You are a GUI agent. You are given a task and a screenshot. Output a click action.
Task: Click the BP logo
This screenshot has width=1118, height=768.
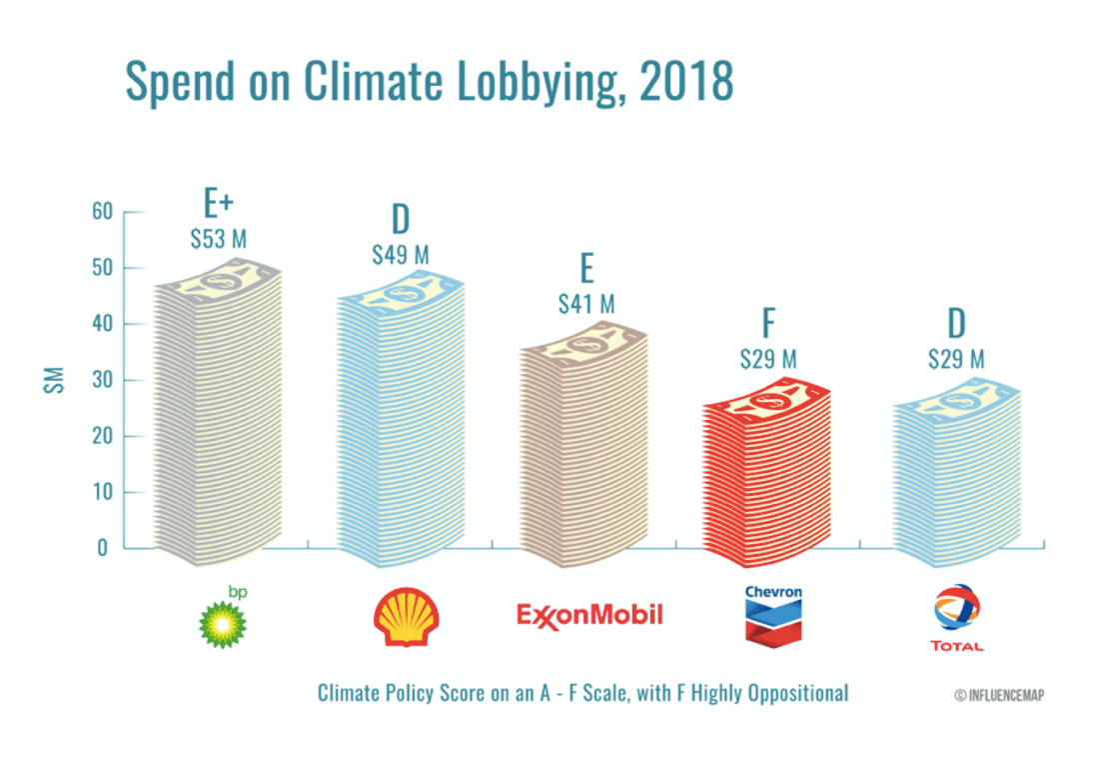223,620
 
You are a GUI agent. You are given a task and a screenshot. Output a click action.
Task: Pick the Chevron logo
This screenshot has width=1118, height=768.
773,615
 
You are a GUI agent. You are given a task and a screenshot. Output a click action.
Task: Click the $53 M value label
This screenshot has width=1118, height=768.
218,240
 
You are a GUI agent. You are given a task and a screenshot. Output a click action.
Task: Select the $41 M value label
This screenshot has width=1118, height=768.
585,303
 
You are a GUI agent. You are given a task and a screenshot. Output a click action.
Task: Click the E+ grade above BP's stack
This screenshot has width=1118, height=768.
218,204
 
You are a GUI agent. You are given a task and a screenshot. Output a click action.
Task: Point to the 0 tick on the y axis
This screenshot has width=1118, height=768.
102,548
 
